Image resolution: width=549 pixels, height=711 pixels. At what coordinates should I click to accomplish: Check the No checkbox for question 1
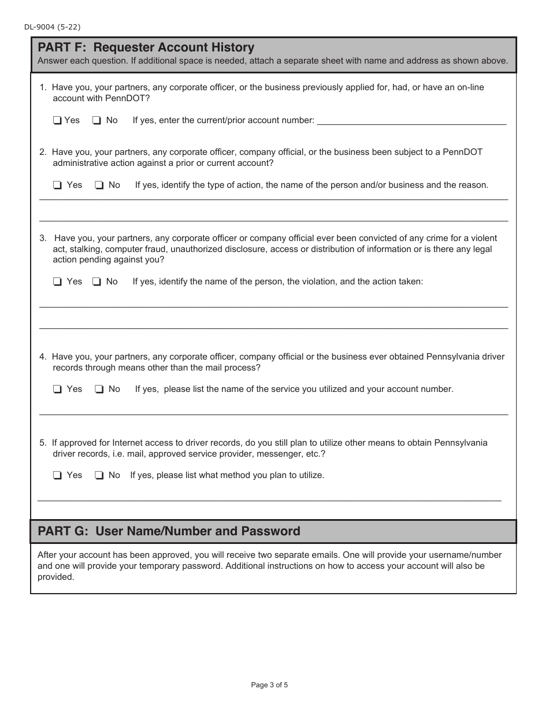pyautogui.click(x=97, y=121)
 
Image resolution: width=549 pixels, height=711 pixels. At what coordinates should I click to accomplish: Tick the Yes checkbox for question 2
pyautogui.click(x=57, y=186)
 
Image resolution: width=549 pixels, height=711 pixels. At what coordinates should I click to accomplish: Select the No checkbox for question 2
pyautogui.click(x=99, y=186)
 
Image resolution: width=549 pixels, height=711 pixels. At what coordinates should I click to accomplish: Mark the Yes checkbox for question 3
pyautogui.click(x=57, y=282)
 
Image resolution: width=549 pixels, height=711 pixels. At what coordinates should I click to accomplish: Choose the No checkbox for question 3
pyautogui.click(x=97, y=282)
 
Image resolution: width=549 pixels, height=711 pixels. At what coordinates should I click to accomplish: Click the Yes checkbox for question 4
pyautogui.click(x=57, y=390)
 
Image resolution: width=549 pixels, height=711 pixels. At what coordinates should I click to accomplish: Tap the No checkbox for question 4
pyautogui.click(x=99, y=390)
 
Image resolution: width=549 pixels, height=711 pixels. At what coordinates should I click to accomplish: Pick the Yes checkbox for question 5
pyautogui.click(x=57, y=476)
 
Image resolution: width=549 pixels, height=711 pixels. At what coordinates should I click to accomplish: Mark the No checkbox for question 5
pyautogui.click(x=99, y=476)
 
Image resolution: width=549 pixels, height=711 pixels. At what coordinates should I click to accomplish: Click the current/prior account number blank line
pyautogui.click(x=411, y=121)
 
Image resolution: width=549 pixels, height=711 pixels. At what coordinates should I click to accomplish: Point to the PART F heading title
pyautogui.click(x=146, y=47)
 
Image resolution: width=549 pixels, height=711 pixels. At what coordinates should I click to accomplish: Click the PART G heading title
pyautogui.click(x=169, y=531)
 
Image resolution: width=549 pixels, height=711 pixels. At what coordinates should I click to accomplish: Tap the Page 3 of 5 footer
pyautogui.click(x=269, y=685)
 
